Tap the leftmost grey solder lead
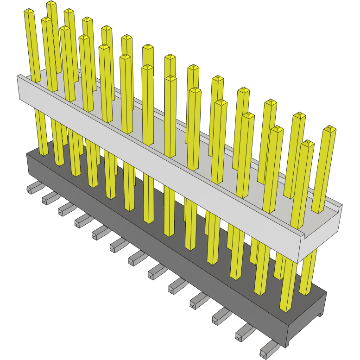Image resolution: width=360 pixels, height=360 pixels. [34, 188]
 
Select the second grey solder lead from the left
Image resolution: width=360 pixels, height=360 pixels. [49, 199]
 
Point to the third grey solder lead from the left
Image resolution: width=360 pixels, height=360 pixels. [64, 209]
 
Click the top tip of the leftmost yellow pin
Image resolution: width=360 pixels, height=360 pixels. [29, 11]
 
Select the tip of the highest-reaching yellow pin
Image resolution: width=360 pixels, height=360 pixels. [51, 3]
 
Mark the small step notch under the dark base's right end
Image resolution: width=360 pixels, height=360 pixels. [319, 315]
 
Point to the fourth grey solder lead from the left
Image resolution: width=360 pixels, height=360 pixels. [82, 221]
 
